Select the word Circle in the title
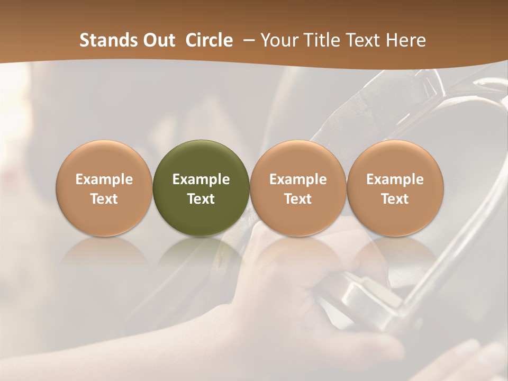click(x=209, y=40)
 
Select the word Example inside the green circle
click(x=201, y=179)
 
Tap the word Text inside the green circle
click(x=201, y=199)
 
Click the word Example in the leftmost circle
click(x=104, y=179)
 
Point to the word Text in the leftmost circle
click(x=104, y=199)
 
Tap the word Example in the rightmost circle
click(x=395, y=179)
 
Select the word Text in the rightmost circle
click(x=395, y=199)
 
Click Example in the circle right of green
click(x=298, y=179)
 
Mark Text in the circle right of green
click(x=298, y=199)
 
